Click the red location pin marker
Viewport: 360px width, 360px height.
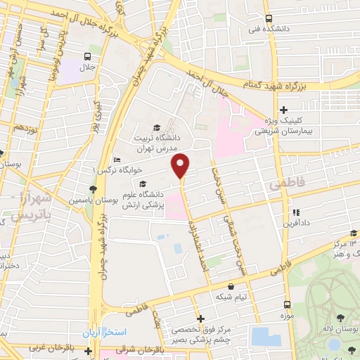(181, 165)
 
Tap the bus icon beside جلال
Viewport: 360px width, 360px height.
(87, 56)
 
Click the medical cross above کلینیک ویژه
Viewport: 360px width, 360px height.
(283, 110)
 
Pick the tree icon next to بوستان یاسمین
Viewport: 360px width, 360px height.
(92, 189)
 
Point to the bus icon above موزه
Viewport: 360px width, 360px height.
(287, 304)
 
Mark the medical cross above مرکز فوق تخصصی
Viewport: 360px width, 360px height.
(200, 318)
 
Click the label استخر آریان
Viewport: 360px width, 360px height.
(103, 332)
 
